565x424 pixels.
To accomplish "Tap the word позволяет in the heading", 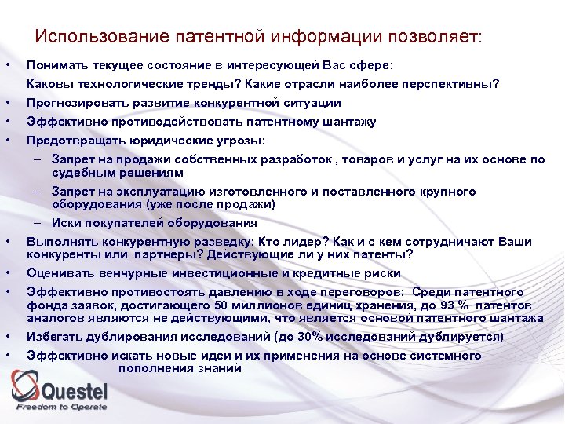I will tap(429, 37).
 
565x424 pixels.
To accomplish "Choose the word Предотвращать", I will tap(71, 141).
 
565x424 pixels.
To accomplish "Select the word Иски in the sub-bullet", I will tap(66, 223).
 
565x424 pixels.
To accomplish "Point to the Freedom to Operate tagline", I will tap(62, 407).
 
